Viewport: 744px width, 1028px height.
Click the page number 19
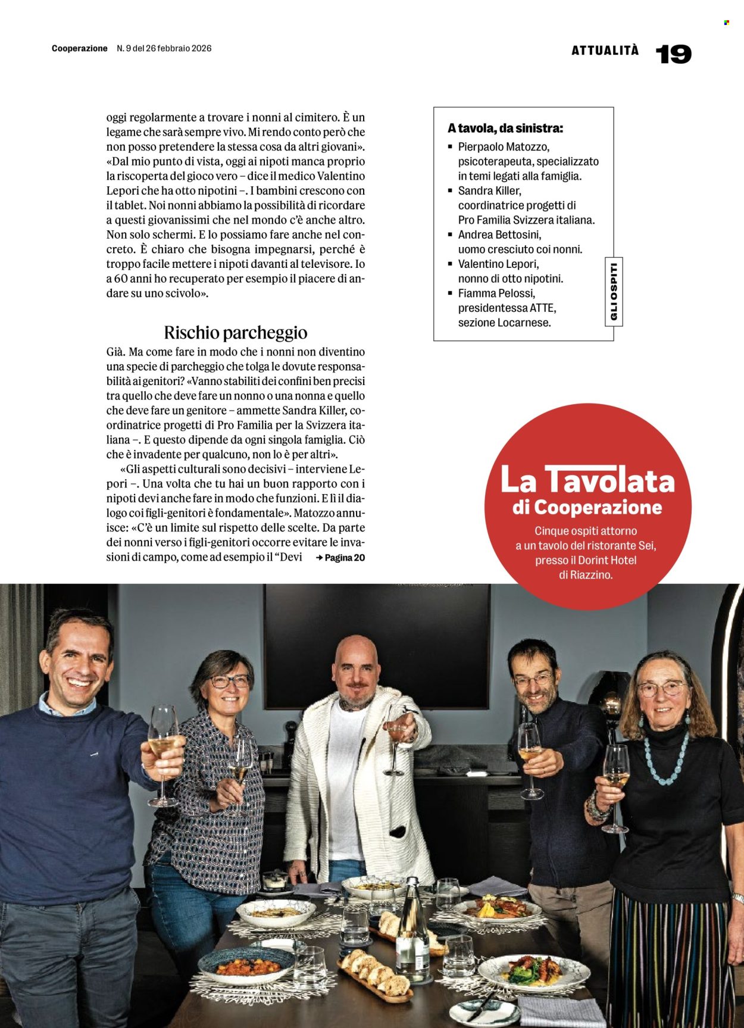click(x=673, y=54)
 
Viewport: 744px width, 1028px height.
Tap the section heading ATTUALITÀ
click(x=605, y=51)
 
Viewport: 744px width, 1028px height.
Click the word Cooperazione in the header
click(x=80, y=48)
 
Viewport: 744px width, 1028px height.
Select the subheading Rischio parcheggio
click(x=236, y=332)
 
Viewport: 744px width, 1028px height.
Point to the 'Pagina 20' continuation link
click(x=341, y=558)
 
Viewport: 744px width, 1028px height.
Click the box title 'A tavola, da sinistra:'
click(x=505, y=128)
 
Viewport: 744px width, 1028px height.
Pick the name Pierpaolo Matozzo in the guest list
click(x=504, y=146)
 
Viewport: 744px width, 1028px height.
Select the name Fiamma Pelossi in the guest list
click(x=496, y=293)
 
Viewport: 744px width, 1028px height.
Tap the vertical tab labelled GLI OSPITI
click(x=614, y=292)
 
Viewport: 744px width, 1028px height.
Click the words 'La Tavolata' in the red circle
click(x=587, y=480)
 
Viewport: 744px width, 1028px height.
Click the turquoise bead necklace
click(x=665, y=756)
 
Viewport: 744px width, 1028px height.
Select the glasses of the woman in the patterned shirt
click(x=230, y=681)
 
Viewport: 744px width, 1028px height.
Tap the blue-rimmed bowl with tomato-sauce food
click(x=246, y=964)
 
